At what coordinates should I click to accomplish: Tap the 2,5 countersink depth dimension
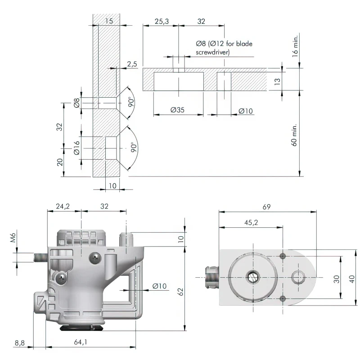click(132, 64)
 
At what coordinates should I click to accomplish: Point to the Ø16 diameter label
click(76, 148)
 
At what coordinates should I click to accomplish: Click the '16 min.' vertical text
click(295, 45)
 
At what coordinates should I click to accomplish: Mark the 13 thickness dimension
click(277, 81)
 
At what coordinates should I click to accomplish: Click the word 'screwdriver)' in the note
click(213, 52)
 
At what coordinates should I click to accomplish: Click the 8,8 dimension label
click(19, 342)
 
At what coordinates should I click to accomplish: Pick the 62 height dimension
click(180, 291)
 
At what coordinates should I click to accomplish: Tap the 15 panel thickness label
click(108, 21)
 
